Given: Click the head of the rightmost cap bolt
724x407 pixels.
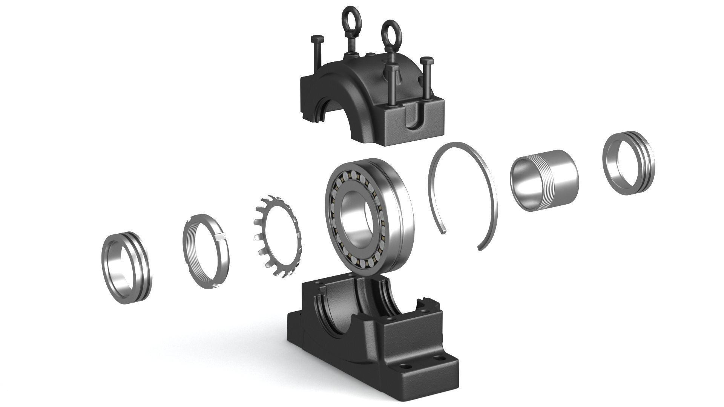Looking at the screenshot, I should tap(427, 61).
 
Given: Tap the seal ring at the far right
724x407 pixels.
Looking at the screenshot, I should tap(629, 163).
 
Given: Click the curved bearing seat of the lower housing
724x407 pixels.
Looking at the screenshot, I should tap(339, 301).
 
